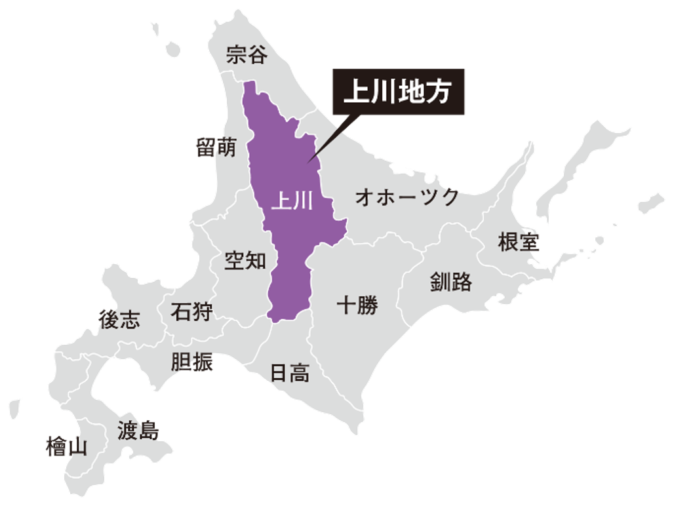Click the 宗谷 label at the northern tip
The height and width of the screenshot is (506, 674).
[247, 55]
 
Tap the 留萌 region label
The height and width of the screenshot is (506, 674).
[216, 147]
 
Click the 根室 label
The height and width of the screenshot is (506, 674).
[519, 242]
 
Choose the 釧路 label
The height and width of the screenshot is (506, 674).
[451, 282]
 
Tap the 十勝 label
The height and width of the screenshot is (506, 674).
[357, 305]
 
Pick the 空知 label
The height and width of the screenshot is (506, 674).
[245, 260]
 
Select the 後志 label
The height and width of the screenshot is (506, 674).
[119, 319]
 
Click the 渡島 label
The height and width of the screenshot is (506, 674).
[138, 431]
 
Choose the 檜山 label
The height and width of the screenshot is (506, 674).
[67, 447]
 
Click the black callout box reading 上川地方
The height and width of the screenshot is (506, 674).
[398, 92]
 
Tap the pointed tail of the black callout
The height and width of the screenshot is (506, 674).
[313, 159]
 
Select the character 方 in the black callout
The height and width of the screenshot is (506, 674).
[441, 92]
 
